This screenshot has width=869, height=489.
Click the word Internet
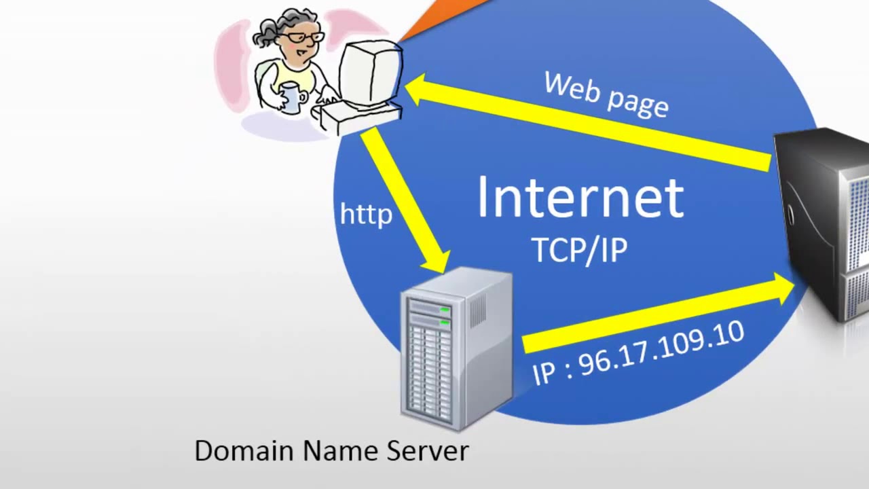pos(580,198)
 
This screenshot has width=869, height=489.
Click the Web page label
pos(606,94)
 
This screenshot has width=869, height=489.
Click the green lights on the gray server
pos(444,315)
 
